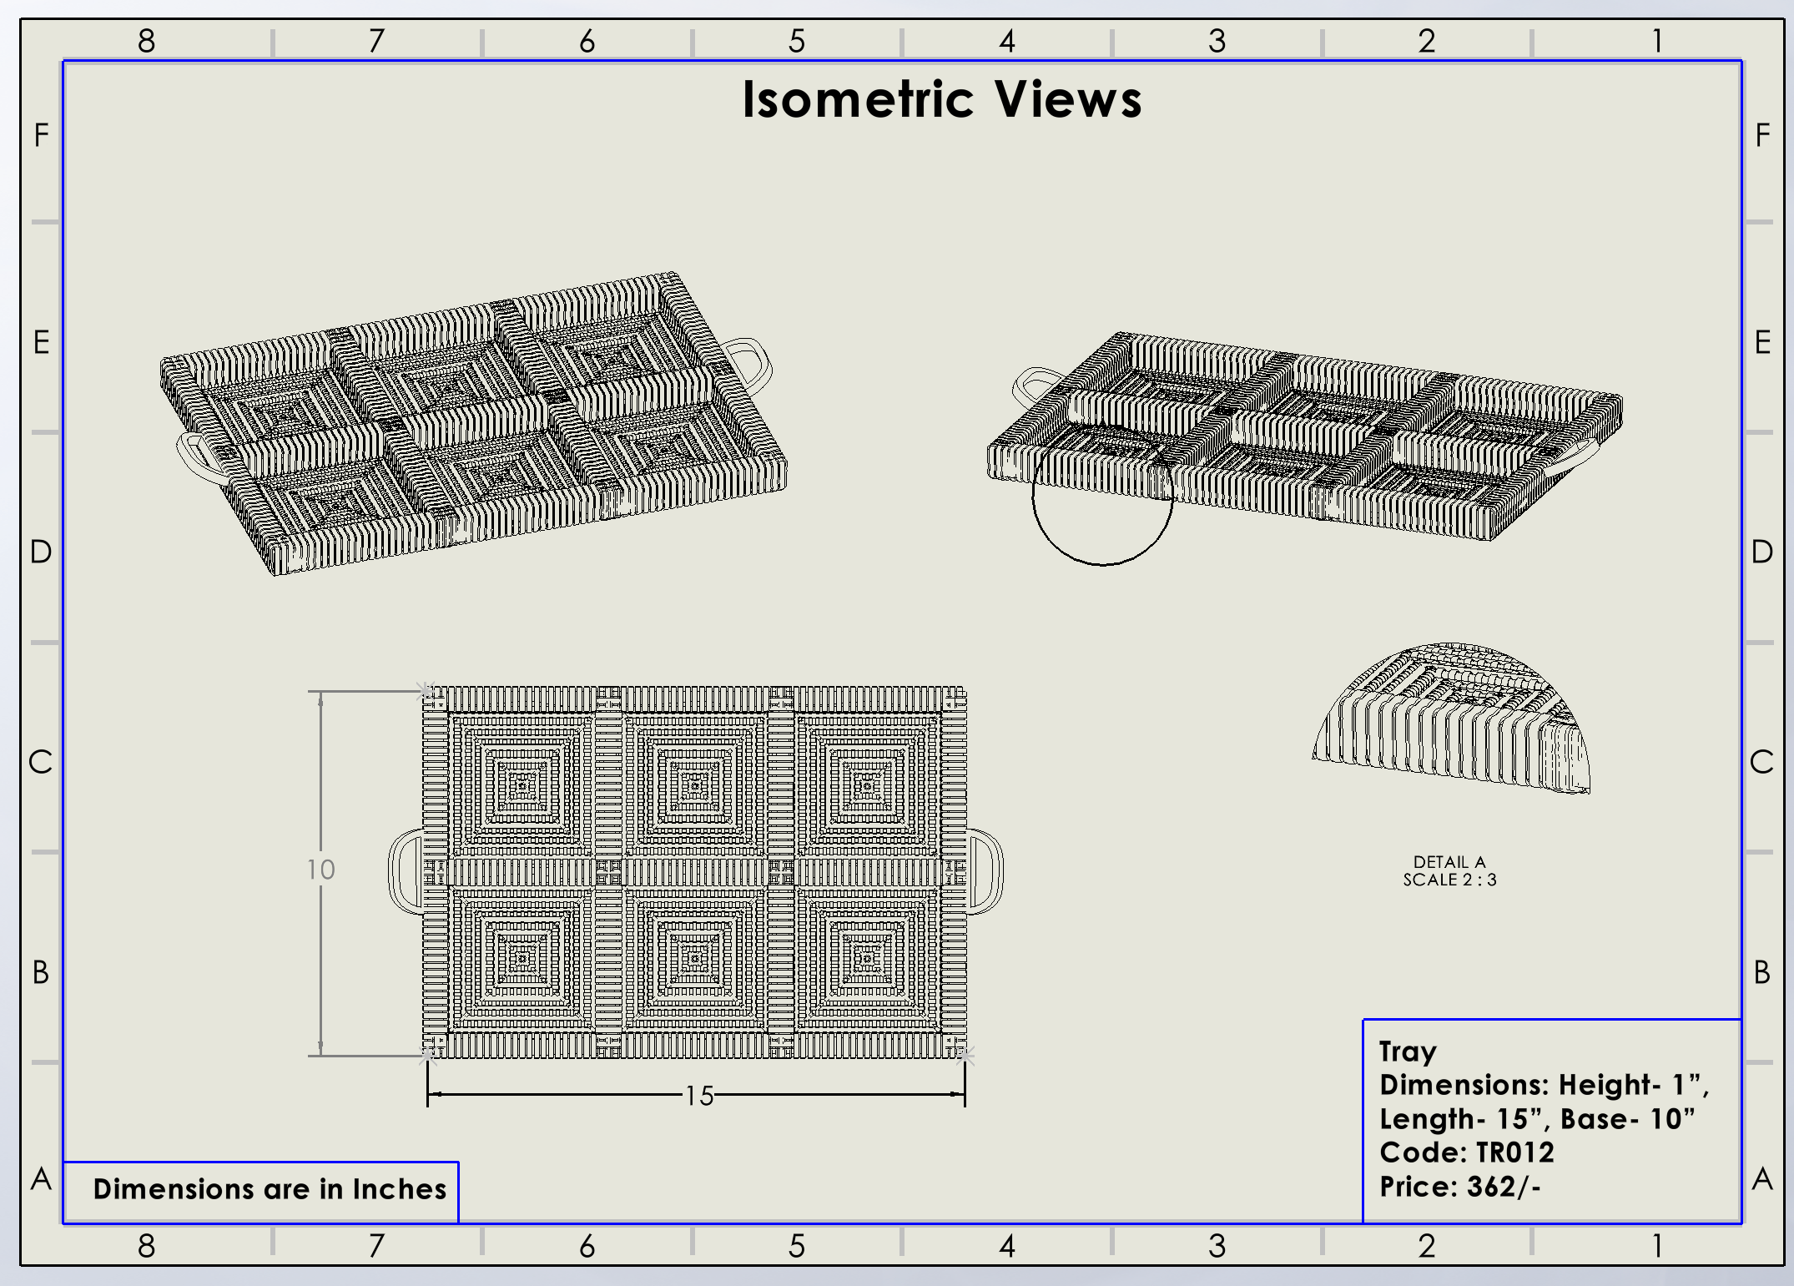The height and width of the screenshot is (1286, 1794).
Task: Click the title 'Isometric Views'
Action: click(941, 100)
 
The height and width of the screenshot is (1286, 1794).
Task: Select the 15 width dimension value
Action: click(699, 1096)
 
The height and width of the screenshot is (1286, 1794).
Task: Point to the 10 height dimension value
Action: click(320, 870)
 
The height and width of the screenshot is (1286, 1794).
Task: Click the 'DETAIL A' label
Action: click(1449, 862)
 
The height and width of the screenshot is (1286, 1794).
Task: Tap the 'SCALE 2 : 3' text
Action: click(1449, 880)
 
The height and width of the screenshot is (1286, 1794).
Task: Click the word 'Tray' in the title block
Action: click(1407, 1051)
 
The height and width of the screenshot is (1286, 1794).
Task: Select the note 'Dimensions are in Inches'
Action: click(270, 1189)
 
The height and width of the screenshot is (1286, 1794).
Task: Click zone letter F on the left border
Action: click(41, 135)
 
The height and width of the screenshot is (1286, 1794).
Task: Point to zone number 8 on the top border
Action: click(147, 41)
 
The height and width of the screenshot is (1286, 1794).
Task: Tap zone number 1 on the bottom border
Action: click(1657, 1246)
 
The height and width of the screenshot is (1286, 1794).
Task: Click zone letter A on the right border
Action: click(1761, 1180)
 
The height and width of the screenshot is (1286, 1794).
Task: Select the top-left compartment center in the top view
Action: click(523, 785)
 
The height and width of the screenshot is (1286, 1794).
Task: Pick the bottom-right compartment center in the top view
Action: click(867, 959)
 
